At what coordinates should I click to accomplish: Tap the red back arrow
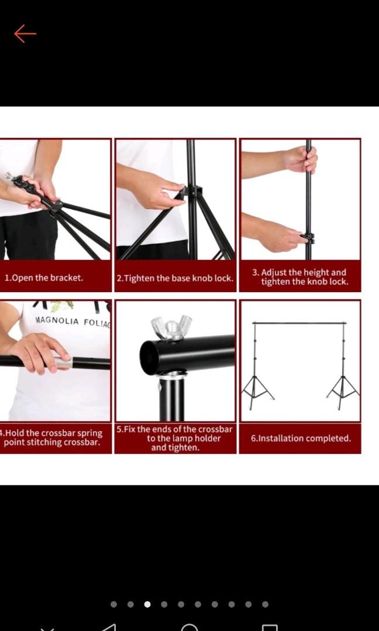(25, 34)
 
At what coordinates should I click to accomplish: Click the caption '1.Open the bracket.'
(44, 278)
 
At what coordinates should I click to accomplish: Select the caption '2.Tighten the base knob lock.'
(175, 278)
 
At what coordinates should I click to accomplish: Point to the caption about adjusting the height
(299, 277)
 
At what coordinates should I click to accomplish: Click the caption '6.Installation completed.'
(301, 438)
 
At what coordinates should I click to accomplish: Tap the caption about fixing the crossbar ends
(175, 438)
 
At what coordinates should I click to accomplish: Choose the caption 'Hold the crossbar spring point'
(53, 438)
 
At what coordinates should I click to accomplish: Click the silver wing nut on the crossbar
(171, 327)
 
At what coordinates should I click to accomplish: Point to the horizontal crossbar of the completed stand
(299, 323)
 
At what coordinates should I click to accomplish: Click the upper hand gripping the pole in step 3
(301, 160)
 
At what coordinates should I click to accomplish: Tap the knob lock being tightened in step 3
(307, 238)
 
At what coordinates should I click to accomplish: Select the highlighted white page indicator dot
(147, 604)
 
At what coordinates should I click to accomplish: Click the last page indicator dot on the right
(266, 604)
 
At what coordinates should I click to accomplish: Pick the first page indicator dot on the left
(113, 604)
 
